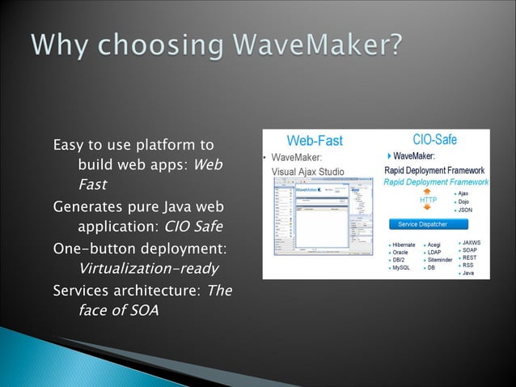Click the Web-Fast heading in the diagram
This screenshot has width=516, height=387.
tap(314, 141)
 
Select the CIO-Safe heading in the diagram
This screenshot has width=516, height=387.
tap(434, 139)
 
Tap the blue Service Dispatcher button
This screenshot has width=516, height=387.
tap(419, 223)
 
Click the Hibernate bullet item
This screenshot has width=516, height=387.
tap(404, 245)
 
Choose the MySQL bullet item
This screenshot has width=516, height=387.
tap(401, 267)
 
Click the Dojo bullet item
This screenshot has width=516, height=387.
tap(463, 202)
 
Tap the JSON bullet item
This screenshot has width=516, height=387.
tap(464, 210)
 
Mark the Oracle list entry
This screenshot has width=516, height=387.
tap(401, 253)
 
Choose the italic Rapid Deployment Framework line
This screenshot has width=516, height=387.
tap(436, 182)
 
